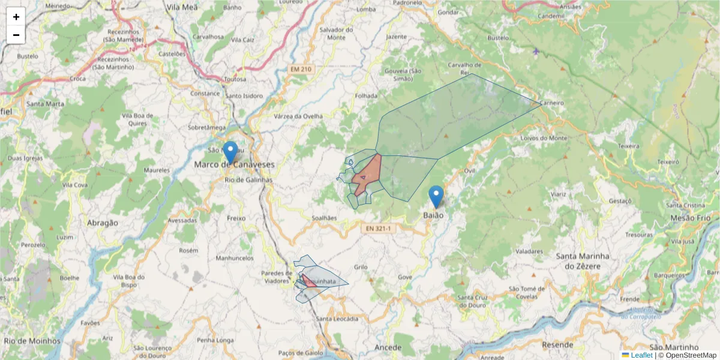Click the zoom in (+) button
16,17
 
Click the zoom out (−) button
16,35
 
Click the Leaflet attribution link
641,355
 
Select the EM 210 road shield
301,70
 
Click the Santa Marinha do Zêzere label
583,260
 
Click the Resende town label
557,345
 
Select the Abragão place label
102,223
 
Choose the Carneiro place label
551,103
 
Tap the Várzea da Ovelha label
298,116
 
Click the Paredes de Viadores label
276,277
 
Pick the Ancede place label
387,347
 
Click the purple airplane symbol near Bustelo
536,51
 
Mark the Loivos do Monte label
544,138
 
